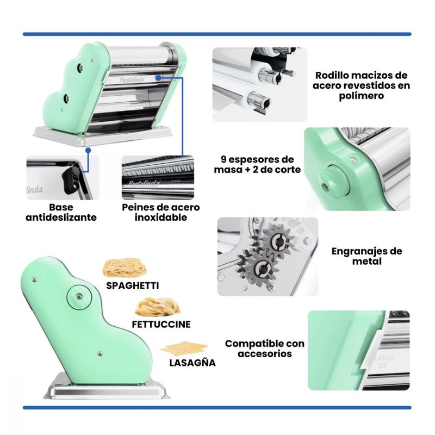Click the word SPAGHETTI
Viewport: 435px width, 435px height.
(133, 285)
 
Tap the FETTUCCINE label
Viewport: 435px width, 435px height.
(161, 324)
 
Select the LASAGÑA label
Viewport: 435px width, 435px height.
(192, 363)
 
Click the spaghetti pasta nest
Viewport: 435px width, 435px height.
(125, 268)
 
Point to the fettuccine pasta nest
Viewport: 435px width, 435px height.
(157, 307)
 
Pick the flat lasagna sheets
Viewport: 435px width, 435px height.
(184, 348)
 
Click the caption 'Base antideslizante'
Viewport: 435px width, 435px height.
(61, 212)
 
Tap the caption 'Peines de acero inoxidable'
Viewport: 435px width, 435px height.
(161, 212)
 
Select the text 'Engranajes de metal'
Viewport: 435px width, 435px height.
(366, 256)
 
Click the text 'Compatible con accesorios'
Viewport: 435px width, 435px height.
(265, 349)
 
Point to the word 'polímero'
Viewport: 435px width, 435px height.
(361, 96)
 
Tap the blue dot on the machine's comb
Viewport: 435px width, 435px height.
(158, 78)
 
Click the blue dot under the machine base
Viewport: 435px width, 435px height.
(88, 151)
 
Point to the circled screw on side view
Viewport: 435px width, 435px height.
(79, 297)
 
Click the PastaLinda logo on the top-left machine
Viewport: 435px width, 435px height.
(132, 80)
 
